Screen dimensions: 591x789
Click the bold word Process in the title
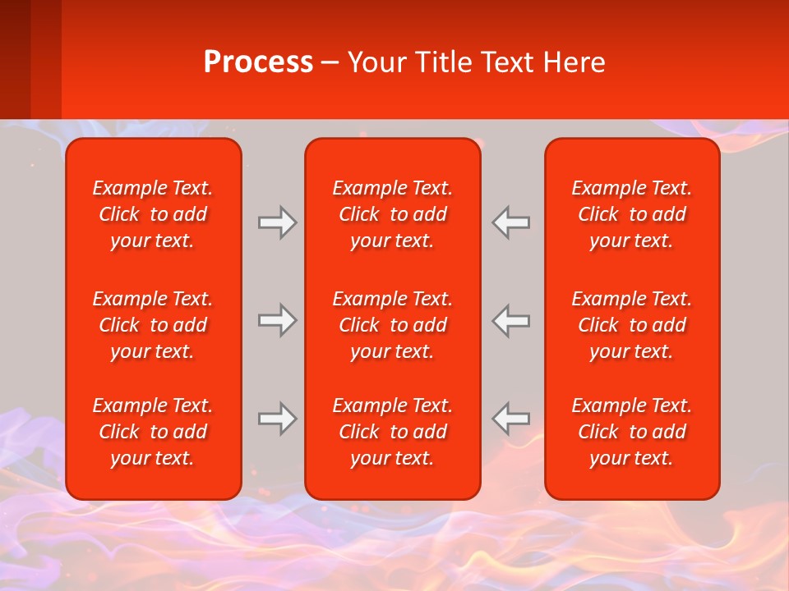tap(258, 62)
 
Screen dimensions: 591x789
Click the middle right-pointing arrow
tap(277, 320)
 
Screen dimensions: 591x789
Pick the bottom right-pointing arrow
tap(277, 419)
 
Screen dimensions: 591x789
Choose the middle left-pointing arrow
tap(510, 320)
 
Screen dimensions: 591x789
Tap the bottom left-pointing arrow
tap(510, 419)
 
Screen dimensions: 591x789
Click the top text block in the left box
tap(153, 214)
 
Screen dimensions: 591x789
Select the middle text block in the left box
tap(153, 325)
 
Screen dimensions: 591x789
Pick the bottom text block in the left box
tap(153, 432)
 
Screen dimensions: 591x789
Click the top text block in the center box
tap(392, 214)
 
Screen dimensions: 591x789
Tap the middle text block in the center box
tap(392, 325)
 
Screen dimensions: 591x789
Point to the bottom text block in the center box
tap(392, 432)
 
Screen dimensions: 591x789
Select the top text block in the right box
tap(631, 214)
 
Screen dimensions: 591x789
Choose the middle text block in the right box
tap(631, 325)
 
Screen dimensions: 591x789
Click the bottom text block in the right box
tap(631, 432)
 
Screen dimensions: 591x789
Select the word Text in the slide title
tap(513, 62)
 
